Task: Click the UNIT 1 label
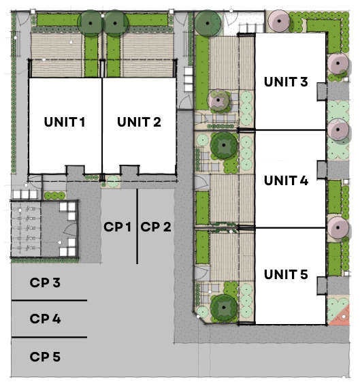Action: click(65, 122)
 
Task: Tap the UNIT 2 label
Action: click(139, 122)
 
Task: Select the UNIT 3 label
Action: click(286, 82)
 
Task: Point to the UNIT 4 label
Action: click(286, 180)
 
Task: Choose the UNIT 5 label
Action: click(286, 274)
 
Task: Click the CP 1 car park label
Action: click(117, 227)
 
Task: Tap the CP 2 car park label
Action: click(156, 227)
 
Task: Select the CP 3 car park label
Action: click(45, 283)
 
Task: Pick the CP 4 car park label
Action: click(45, 319)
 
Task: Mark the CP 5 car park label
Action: click(45, 357)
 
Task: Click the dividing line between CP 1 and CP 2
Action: click(137, 227)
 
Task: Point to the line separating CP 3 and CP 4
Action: click(49, 300)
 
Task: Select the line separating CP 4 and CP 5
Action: click(49, 337)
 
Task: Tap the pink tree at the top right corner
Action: click(279, 21)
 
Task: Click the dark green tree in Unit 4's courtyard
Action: click(224, 145)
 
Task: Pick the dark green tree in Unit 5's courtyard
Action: click(224, 308)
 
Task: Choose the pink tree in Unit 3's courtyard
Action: click(218, 100)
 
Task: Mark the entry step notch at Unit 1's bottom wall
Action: click(76, 170)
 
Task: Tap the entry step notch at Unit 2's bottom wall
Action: click(130, 170)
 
